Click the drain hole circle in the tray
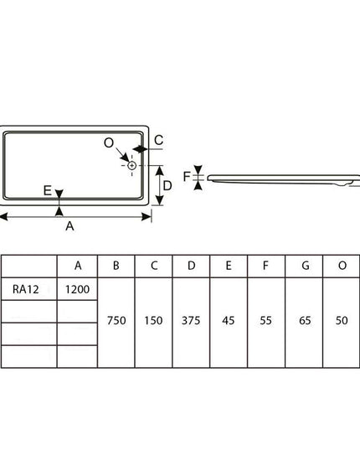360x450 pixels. click(x=131, y=166)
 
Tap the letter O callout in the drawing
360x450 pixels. click(x=109, y=142)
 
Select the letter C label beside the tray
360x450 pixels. click(x=158, y=140)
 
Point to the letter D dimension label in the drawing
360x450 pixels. click(x=167, y=186)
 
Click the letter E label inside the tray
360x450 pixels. click(x=47, y=190)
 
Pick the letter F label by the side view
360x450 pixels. click(x=187, y=177)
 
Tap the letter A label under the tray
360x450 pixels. click(x=69, y=226)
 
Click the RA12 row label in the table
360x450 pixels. click(x=25, y=289)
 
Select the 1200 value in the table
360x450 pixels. click(x=77, y=289)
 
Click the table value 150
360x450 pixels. click(x=153, y=321)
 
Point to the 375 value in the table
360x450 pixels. click(x=191, y=321)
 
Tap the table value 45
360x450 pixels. click(x=229, y=321)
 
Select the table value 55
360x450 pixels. click(x=265, y=321)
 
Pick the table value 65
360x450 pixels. click(x=305, y=321)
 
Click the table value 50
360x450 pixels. click(x=342, y=321)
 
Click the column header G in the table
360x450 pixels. click(x=306, y=266)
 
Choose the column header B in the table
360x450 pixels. click(x=116, y=266)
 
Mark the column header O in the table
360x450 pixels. click(x=342, y=266)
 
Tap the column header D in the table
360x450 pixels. click(x=192, y=266)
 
